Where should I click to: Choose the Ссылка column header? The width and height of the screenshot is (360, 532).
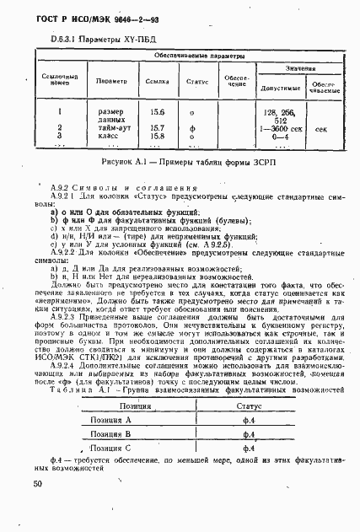point(156,81)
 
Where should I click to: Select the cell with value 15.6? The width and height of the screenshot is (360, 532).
point(157,111)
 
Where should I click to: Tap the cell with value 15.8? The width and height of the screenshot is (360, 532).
point(157,135)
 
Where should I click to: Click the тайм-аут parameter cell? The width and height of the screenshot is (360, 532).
point(116,127)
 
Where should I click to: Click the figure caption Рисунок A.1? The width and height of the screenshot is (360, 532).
point(183,161)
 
